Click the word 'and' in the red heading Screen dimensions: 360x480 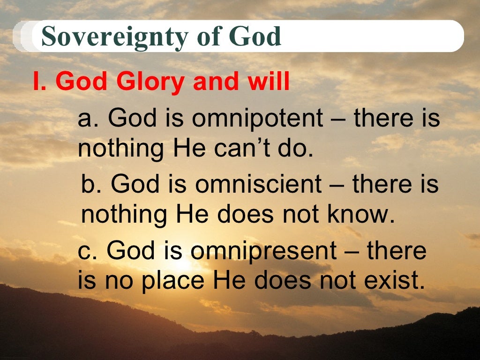[x=215, y=82]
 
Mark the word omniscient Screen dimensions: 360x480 [x=258, y=185]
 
